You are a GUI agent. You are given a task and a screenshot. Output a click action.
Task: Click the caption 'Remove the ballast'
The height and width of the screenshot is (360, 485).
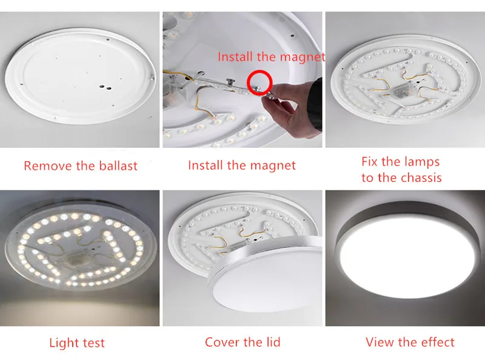(81, 165)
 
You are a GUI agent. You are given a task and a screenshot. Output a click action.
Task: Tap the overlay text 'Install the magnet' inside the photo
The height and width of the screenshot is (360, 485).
(271, 57)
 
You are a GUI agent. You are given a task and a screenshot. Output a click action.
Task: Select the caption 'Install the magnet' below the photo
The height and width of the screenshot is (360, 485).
(242, 165)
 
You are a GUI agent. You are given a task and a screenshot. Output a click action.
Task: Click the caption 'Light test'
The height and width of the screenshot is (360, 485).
(77, 344)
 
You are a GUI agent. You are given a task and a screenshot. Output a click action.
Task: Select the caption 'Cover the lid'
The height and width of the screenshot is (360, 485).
(242, 342)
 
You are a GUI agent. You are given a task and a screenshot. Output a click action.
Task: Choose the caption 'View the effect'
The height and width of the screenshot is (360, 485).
(410, 342)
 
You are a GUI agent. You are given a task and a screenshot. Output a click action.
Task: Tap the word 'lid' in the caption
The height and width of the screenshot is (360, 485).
(271, 342)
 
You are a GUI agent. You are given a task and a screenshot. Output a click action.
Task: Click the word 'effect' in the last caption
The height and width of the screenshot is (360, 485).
(435, 342)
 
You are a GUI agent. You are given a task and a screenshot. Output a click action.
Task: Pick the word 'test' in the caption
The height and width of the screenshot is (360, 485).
(93, 344)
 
